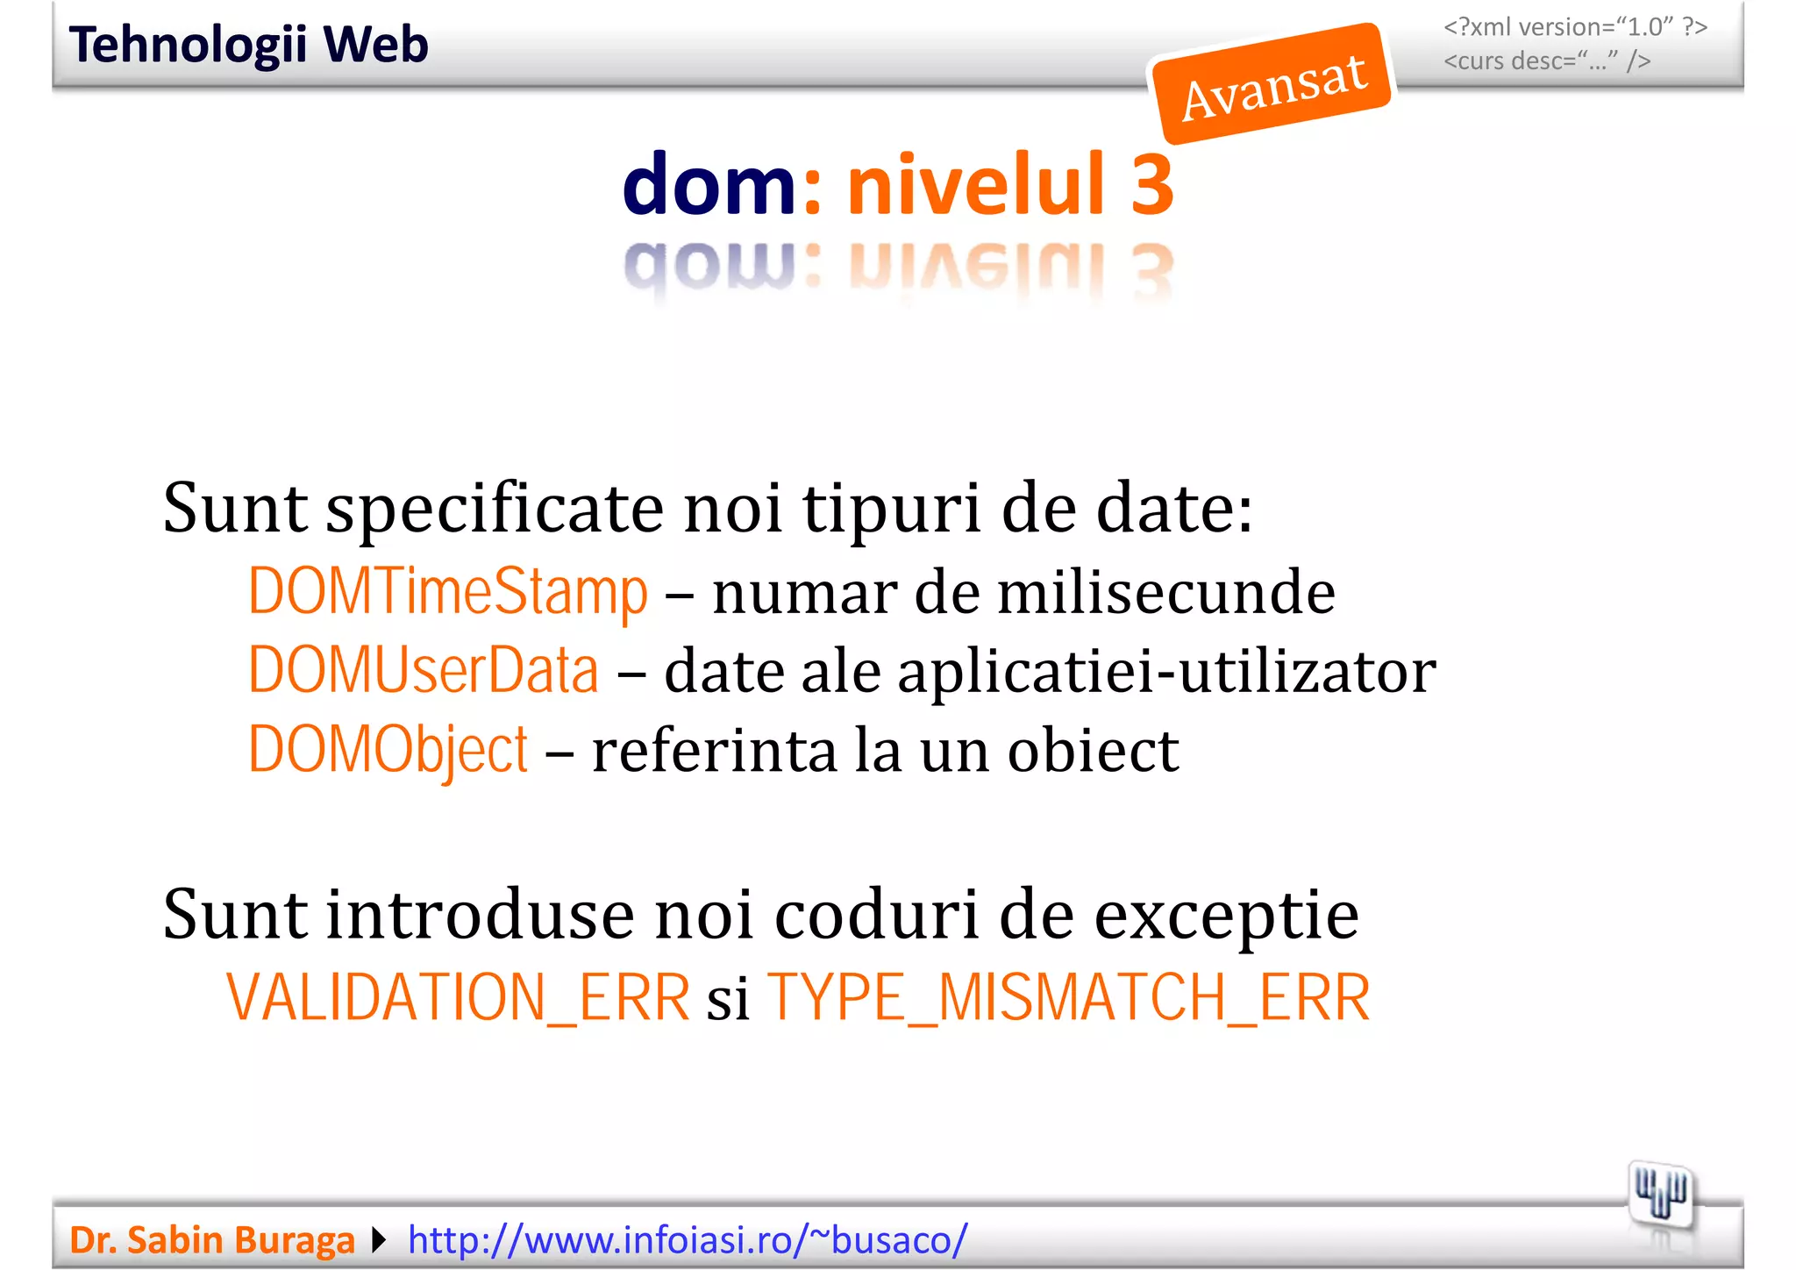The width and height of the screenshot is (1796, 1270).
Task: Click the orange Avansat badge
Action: click(x=1272, y=85)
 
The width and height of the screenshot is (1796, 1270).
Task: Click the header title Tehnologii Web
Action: click(x=248, y=45)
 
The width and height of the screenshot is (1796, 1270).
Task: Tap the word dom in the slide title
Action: click(x=709, y=184)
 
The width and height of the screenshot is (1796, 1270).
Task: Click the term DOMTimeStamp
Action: click(x=447, y=592)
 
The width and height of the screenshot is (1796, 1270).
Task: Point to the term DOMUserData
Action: click(x=423, y=671)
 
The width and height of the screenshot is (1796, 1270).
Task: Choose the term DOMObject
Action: click(x=388, y=750)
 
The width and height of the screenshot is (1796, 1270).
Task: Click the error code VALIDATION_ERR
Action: click(x=458, y=998)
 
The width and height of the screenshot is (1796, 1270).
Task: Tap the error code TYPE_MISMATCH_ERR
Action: click(x=1068, y=998)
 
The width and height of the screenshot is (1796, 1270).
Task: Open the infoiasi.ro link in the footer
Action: click(x=688, y=1239)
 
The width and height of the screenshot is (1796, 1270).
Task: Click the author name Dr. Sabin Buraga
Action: click(x=211, y=1239)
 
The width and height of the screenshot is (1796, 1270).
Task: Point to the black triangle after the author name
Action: click(x=379, y=1239)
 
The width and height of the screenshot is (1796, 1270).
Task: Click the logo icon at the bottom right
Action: click(x=1660, y=1194)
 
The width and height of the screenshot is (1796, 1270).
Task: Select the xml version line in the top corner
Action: click(x=1575, y=27)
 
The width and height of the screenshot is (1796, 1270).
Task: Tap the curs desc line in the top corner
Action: click(x=1547, y=61)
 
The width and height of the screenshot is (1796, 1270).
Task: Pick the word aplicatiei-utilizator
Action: click(x=1166, y=671)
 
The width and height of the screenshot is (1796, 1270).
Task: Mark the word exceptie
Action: click(x=1226, y=915)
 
